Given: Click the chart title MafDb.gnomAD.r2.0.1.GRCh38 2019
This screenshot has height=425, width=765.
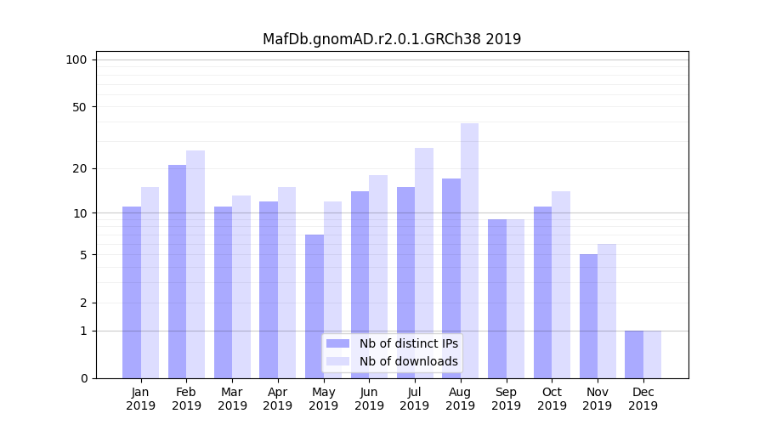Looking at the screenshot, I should [392, 39].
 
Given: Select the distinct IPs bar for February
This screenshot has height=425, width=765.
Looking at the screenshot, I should [177, 272].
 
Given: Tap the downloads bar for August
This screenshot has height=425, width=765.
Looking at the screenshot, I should [470, 251].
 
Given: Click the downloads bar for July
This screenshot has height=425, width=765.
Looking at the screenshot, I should [424, 263].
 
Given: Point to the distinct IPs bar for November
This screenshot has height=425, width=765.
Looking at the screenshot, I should [588, 316].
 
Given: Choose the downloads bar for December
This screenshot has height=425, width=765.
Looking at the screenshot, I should [653, 354].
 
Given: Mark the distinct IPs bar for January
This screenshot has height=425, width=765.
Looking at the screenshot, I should [132, 292].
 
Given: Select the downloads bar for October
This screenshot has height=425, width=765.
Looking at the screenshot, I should [561, 285].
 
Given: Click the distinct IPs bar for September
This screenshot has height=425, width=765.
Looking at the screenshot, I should [497, 298].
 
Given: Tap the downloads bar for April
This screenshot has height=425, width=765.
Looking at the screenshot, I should [287, 282].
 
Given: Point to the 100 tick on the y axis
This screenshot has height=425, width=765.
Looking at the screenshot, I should [76, 59].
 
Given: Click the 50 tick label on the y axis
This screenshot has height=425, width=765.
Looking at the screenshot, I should [79, 107].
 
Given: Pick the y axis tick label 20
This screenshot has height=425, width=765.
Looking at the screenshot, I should [79, 168].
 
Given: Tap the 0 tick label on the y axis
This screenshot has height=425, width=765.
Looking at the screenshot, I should [82, 378].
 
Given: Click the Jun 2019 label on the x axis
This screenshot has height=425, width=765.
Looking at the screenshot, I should [369, 399].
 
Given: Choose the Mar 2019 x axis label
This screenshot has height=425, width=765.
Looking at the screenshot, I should [232, 399].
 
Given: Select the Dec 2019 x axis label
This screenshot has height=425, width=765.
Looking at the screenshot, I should [643, 399].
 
